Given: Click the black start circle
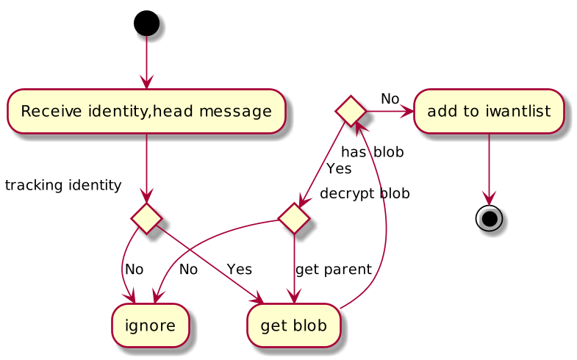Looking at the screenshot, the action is pyautogui.click(x=146, y=24).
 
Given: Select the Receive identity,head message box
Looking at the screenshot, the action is pyautogui.click(x=146, y=111).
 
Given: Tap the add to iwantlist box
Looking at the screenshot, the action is pyautogui.click(x=489, y=111).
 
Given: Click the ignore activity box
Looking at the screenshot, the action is pyautogui.click(x=150, y=325).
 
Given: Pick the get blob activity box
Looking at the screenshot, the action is pyautogui.click(x=294, y=325).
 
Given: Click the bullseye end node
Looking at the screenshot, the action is pyautogui.click(x=489, y=219).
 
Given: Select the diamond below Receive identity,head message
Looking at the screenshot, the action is pyautogui.click(x=146, y=218).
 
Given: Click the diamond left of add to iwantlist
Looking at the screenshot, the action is pyautogui.click(x=351, y=111).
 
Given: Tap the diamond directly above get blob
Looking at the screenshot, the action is pyautogui.click(x=294, y=218).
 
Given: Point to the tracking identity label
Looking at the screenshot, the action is pyautogui.click(x=63, y=185).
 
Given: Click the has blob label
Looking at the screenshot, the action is pyautogui.click(x=373, y=152).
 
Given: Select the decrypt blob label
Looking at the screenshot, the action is pyautogui.click(x=365, y=193).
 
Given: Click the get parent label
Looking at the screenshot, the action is pyautogui.click(x=334, y=270).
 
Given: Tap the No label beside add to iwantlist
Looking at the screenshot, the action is pyautogui.click(x=390, y=99).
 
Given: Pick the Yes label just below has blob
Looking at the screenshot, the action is pyautogui.click(x=339, y=169).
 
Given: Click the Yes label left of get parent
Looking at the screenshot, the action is pyautogui.click(x=240, y=270).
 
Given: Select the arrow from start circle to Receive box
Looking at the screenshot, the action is pyautogui.click(x=146, y=62).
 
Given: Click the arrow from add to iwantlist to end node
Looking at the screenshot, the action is pyautogui.click(x=489, y=170).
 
